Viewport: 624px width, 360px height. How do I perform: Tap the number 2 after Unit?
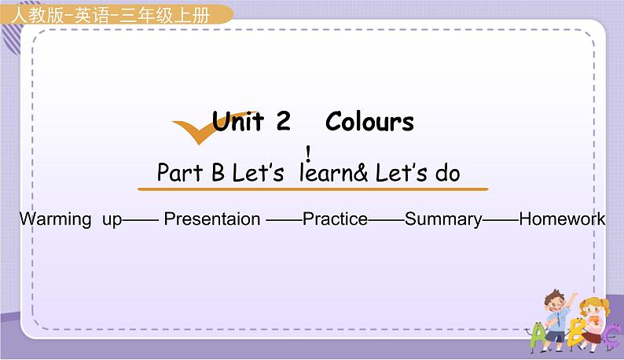(x=283, y=122)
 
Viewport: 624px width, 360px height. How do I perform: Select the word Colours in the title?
(x=369, y=122)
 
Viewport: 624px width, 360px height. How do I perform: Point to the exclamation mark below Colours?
(x=309, y=152)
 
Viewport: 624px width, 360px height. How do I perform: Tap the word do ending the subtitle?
(x=447, y=173)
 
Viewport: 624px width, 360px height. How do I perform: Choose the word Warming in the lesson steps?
(x=55, y=219)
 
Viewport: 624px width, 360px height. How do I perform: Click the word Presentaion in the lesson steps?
(x=212, y=219)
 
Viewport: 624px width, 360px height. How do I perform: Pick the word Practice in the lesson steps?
(x=335, y=219)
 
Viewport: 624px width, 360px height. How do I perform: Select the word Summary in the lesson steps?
(x=443, y=219)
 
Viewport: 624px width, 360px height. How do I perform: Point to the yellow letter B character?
(x=576, y=336)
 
